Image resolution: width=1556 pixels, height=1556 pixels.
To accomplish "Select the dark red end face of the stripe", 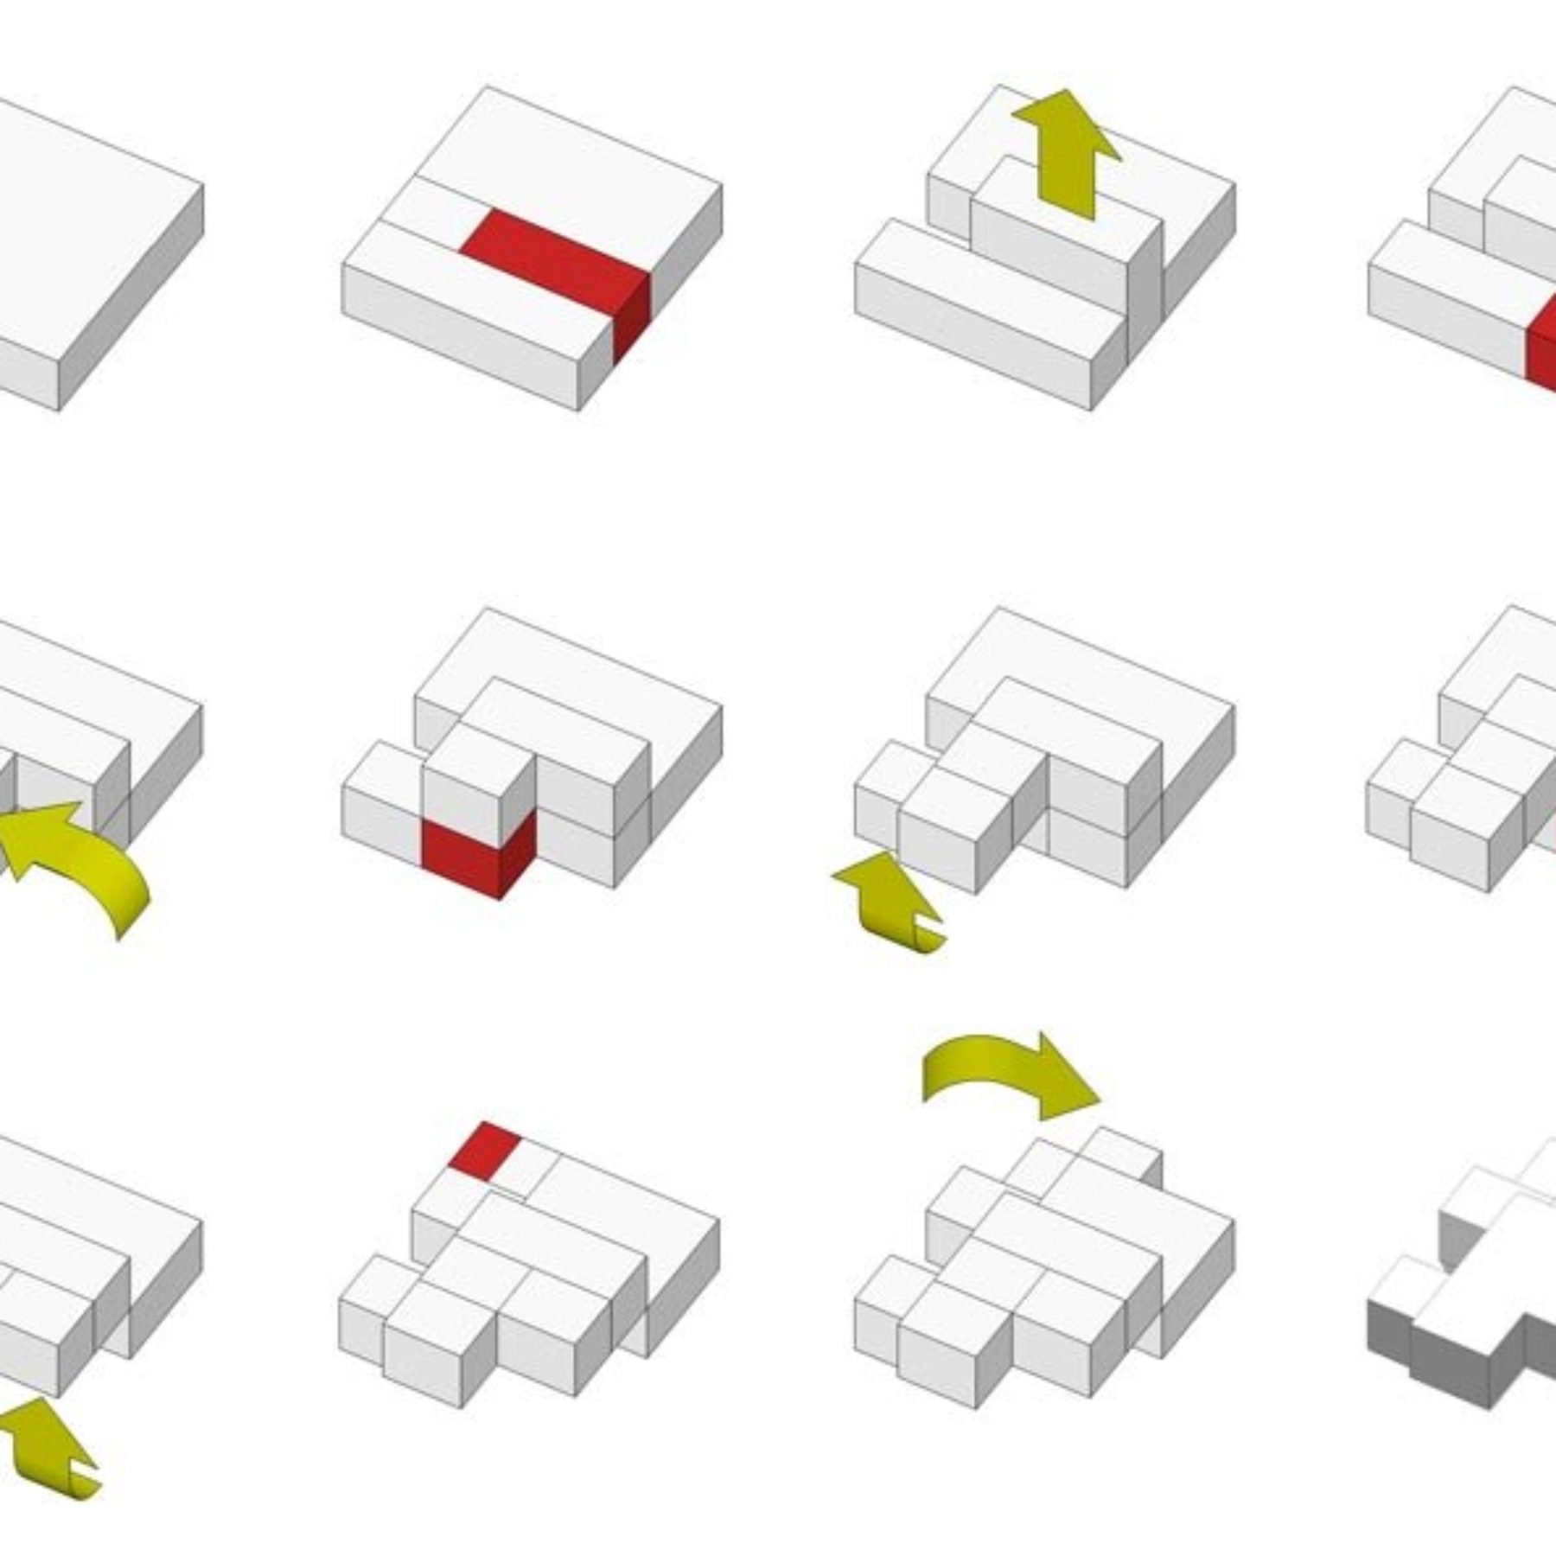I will coord(631,316).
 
